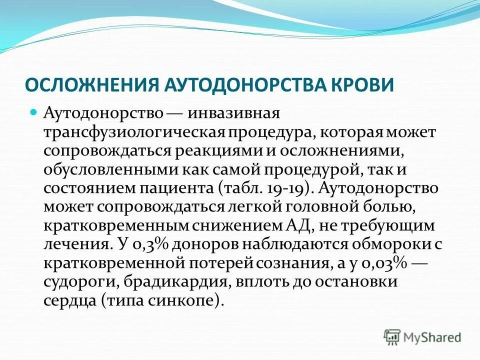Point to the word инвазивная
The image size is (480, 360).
pos(232,113)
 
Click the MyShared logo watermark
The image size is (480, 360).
pos(423,337)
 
